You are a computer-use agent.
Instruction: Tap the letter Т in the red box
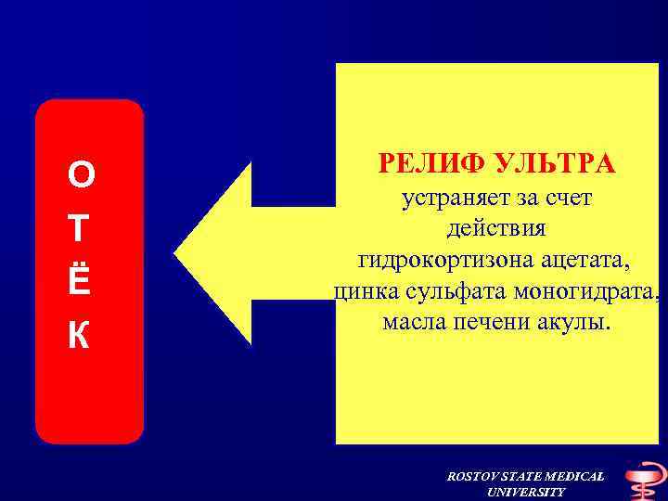tap(81, 228)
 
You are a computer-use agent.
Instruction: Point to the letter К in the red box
tap(81, 337)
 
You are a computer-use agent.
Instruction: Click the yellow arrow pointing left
tap(232, 252)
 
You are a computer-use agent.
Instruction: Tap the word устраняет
tap(450, 198)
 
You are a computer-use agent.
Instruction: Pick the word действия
tap(497, 228)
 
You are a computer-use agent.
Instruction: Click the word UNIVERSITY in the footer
tap(525, 492)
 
